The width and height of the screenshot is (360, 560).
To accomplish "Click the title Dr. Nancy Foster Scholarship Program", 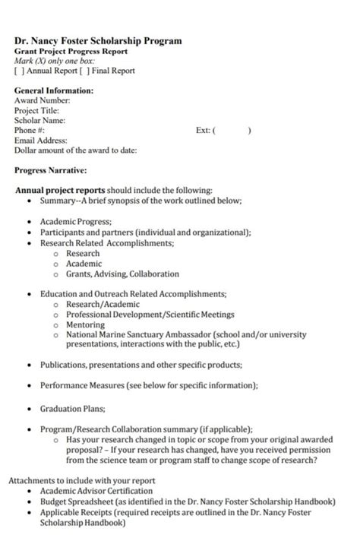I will click(x=98, y=41).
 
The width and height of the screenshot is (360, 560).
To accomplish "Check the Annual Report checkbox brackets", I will click(x=19, y=71).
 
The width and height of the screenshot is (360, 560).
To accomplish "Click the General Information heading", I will click(x=54, y=90).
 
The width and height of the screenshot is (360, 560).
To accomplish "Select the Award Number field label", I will click(x=42, y=100).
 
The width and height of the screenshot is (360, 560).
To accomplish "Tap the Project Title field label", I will click(x=37, y=110).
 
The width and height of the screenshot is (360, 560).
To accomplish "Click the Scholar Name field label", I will click(x=39, y=120).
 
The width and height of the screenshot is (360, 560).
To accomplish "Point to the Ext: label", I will click(x=203, y=130).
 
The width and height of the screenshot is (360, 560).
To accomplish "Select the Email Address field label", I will click(x=40, y=140).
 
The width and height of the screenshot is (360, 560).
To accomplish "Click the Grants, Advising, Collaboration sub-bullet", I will click(x=122, y=274).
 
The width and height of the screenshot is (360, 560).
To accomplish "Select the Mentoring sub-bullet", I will click(x=85, y=324).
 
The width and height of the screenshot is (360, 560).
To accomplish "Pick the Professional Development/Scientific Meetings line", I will click(x=150, y=314).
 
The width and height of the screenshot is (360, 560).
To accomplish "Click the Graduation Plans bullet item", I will click(x=73, y=407).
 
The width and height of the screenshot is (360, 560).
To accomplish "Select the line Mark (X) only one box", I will click(x=55, y=61).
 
